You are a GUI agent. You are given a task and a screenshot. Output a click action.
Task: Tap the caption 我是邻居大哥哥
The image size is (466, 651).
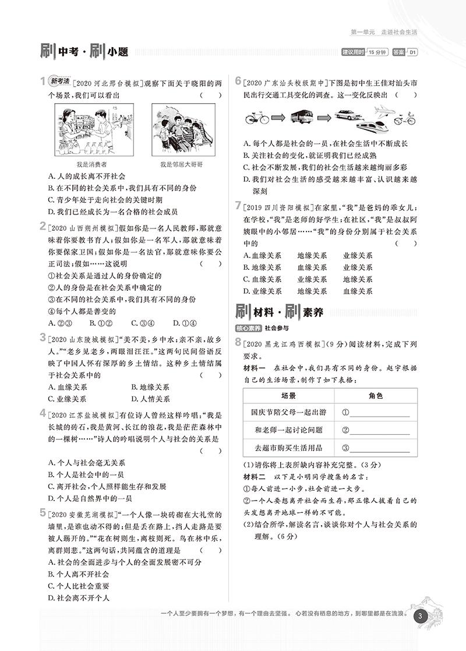coord(182,165)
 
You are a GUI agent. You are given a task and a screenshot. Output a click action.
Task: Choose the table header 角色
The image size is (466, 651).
coord(376,395)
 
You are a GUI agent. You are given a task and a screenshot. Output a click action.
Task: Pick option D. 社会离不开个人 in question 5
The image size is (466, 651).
coord(79,597)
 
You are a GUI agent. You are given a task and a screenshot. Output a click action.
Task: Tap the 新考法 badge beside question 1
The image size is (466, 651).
coord(60,80)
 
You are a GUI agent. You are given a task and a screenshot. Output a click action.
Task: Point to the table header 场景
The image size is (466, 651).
coord(289,395)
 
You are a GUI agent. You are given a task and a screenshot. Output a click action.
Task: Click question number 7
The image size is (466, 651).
coord(238,205)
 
